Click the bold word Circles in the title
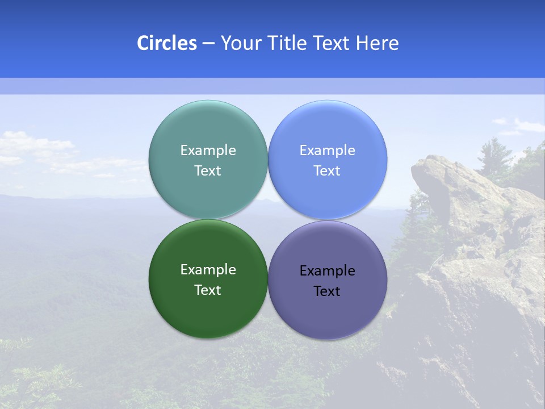167,43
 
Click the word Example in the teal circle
208,151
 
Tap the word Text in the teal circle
208,171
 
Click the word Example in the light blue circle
327,151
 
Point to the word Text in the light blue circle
327,171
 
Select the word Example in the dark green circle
208,270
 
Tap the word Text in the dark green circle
208,290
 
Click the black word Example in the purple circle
327,271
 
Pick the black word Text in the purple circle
327,291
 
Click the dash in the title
208,44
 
